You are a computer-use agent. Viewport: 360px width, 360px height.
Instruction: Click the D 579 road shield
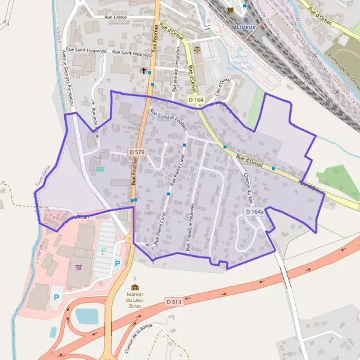(x=137, y=153)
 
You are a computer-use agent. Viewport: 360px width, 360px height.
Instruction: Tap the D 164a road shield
(x=255, y=212)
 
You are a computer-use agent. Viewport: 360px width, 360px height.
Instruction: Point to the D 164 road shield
(x=196, y=99)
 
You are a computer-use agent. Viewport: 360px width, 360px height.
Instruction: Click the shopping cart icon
(x=78, y=267)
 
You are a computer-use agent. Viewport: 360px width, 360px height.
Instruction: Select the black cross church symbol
(x=143, y=70)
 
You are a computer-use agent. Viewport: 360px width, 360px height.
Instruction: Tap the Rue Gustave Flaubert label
(x=169, y=119)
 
